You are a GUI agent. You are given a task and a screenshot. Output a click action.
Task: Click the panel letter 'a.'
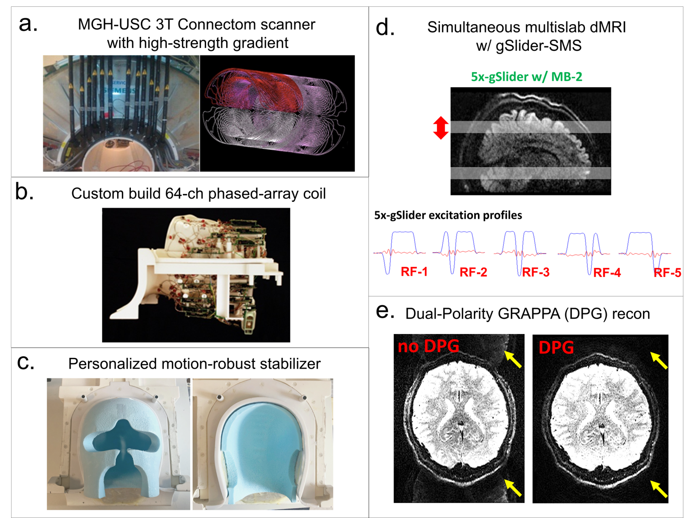tap(27, 24)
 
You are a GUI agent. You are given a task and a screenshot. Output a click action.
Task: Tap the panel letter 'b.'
tap(24, 193)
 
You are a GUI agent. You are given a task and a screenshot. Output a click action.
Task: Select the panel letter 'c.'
tap(25, 362)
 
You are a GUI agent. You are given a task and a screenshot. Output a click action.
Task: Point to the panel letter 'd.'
tap(385, 28)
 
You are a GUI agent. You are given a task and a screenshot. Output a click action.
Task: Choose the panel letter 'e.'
tap(384, 312)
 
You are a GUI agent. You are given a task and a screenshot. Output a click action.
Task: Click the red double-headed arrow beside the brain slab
tap(440, 128)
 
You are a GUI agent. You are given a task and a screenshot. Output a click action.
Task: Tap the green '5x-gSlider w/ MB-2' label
tap(526, 77)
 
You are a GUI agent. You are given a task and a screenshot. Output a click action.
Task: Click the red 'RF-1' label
tap(414, 272)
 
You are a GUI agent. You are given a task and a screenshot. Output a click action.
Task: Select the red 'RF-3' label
tap(535, 272)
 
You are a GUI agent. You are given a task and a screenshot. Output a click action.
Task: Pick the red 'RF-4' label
tap(607, 273)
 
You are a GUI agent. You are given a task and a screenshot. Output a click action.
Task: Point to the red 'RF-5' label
tap(667, 273)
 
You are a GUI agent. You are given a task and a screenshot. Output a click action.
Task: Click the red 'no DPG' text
tap(428, 346)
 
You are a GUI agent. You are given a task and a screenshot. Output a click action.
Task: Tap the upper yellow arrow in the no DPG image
tap(513, 359)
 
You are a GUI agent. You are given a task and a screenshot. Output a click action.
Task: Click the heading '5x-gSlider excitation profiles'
tap(448, 215)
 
